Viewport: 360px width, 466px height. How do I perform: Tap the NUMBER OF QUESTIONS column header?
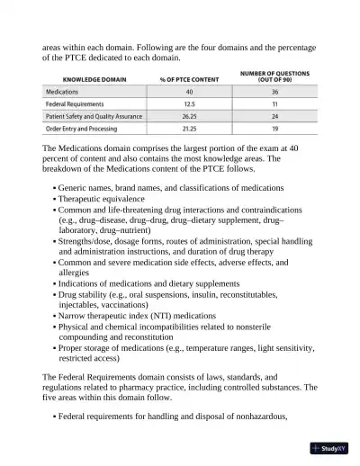coord(274,76)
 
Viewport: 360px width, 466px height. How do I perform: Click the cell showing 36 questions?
coord(274,93)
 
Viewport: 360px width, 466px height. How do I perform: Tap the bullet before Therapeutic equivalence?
coord(54,199)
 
